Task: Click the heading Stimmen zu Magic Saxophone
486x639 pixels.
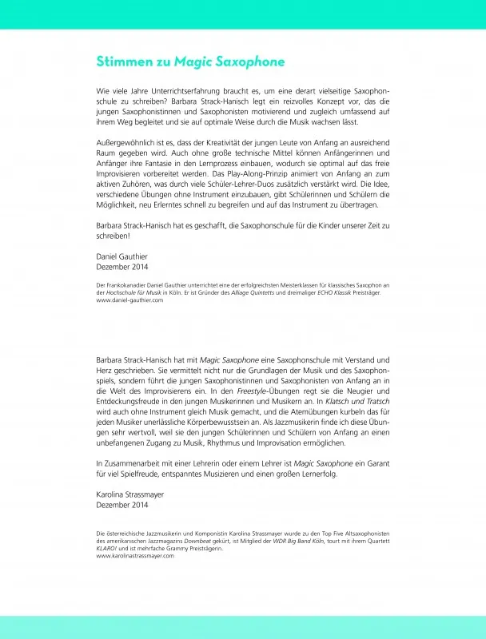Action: click(x=190, y=62)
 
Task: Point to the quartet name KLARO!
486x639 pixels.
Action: click(x=107, y=548)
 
